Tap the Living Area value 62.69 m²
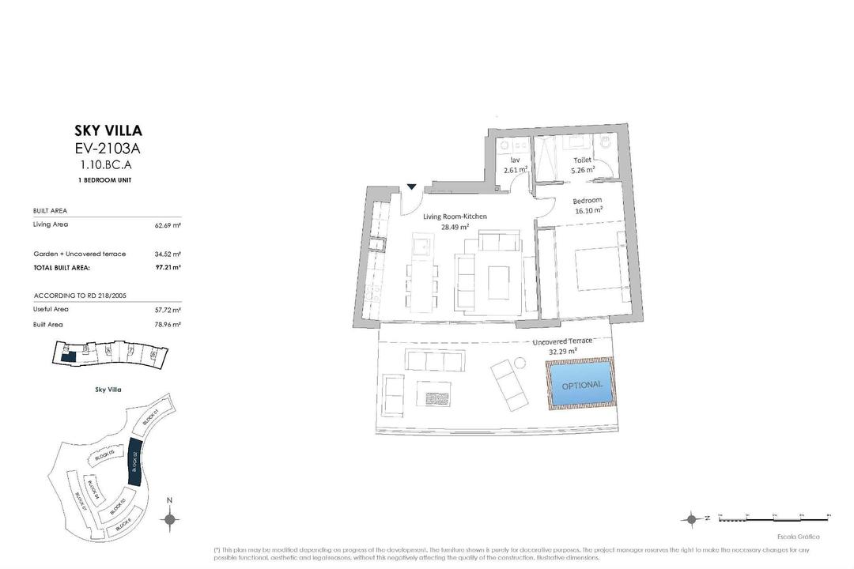(168, 225)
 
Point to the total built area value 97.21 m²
(168, 268)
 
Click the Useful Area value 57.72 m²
(168, 310)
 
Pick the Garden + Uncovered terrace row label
(79, 254)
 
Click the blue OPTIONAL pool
(581, 384)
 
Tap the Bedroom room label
(588, 201)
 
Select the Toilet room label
(582, 160)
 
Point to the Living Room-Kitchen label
(455, 217)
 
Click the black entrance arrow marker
(412, 187)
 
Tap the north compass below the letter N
(168, 518)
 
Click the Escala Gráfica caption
(799, 537)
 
